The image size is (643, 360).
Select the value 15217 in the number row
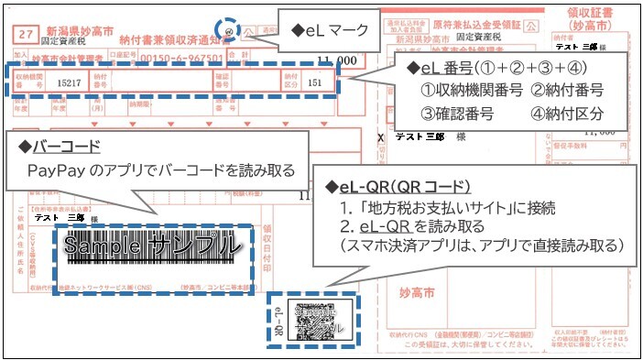coord(70,82)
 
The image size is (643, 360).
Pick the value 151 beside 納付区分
coord(316,82)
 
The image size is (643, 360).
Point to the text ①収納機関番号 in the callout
coord(472,90)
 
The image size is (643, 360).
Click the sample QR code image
coord(319,321)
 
